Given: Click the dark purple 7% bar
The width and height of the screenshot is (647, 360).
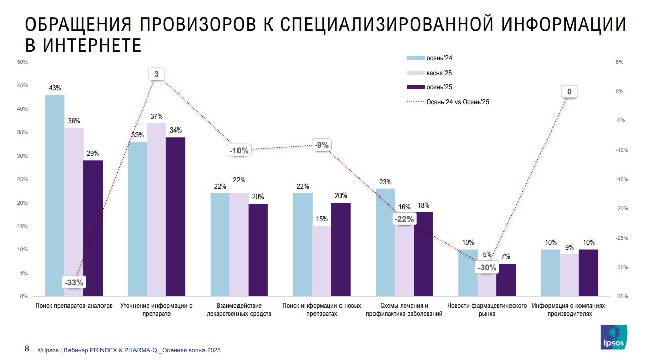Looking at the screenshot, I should pyautogui.click(x=506, y=280).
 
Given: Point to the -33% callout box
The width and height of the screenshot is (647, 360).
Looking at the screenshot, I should pyautogui.click(x=74, y=282).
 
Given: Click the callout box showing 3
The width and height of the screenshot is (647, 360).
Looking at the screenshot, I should pyautogui.click(x=156, y=74).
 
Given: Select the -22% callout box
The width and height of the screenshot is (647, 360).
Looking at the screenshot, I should pyautogui.click(x=404, y=219).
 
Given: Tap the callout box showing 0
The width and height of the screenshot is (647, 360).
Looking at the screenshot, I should pyautogui.click(x=569, y=92).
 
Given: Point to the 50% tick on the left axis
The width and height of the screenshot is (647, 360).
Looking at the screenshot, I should pyautogui.click(x=22, y=62).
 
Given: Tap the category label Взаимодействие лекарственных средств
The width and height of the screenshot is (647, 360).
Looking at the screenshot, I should pyautogui.click(x=239, y=310).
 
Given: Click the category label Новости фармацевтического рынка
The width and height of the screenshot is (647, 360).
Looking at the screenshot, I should pyautogui.click(x=487, y=310).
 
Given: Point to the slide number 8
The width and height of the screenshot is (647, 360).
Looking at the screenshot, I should pyautogui.click(x=27, y=349).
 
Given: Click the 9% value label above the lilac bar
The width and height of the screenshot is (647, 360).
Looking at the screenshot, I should pyautogui.click(x=569, y=247).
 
